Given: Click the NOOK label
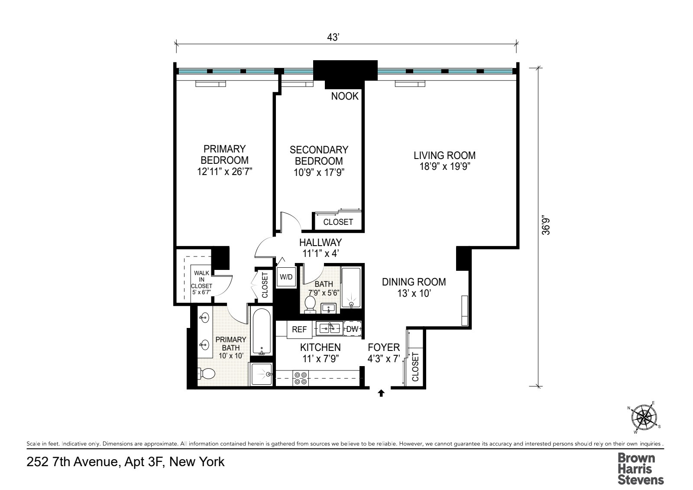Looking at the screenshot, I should (345, 96).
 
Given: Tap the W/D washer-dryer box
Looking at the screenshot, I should (286, 277).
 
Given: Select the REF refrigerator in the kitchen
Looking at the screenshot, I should (299, 330).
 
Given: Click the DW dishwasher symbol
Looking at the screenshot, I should (353, 329).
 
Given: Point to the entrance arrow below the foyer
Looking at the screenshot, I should (381, 393).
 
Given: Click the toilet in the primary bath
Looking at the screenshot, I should (206, 373).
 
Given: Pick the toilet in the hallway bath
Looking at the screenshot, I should (310, 304).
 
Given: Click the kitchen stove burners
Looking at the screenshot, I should (301, 378).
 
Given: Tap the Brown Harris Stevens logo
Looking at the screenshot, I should (640, 468).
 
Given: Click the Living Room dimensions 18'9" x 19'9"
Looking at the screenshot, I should (444, 167).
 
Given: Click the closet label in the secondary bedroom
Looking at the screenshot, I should (338, 222).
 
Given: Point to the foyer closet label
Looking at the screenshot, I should (415, 367).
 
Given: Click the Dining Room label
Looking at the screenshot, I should (414, 282).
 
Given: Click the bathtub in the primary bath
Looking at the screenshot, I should (262, 332).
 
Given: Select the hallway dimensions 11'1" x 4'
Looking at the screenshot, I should (321, 254).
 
